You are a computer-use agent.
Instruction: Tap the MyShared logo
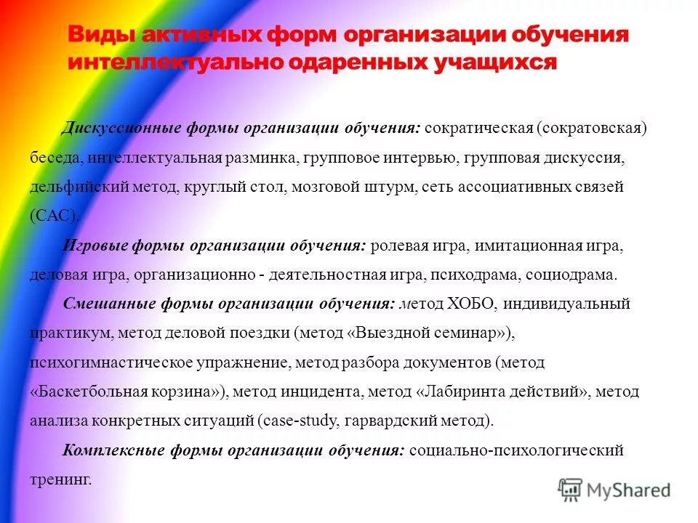click(614, 489)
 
